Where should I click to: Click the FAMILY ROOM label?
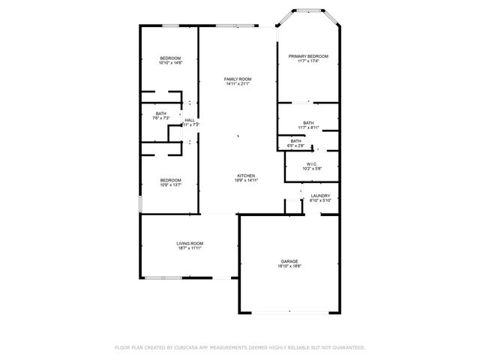click(x=238, y=79)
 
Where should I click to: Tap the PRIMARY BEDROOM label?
click(x=309, y=56)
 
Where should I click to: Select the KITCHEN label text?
click(x=247, y=175)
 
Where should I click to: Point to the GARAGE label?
click(x=289, y=262)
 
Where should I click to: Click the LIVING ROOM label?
click(x=190, y=243)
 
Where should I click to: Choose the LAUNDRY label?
click(x=320, y=196)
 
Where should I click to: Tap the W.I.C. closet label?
click(x=312, y=163)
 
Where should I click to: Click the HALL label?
click(x=190, y=120)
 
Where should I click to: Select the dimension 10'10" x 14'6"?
click(x=171, y=63)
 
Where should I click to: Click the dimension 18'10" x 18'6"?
click(x=289, y=267)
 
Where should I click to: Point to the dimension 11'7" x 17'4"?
click(x=309, y=61)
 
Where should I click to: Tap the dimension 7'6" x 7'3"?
click(x=161, y=118)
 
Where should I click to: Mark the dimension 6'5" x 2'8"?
click(x=296, y=145)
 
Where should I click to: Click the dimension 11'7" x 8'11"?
click(x=308, y=127)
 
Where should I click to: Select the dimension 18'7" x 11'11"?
click(x=190, y=248)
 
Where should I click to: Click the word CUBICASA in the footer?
click(x=190, y=348)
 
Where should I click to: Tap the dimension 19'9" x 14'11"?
click(x=247, y=181)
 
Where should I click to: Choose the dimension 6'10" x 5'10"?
click(x=320, y=201)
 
